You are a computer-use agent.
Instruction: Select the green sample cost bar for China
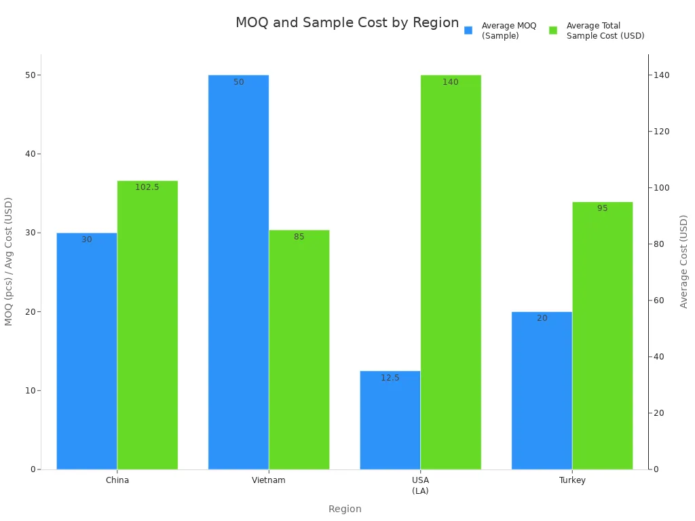[147, 325]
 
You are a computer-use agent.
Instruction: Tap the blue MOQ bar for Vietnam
[238, 272]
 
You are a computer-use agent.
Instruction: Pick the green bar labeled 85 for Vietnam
[299, 349]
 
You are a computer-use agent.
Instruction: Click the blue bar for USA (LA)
[390, 420]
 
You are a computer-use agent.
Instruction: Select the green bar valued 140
[451, 272]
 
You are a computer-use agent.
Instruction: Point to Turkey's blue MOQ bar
[542, 390]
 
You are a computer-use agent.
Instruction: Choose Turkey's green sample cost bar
[602, 335]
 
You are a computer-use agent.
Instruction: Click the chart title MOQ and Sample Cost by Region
[347, 22]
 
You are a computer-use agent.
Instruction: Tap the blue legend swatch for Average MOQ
[468, 31]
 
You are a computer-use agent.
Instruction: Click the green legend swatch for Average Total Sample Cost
[553, 31]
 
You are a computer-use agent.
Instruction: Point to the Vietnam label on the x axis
[269, 480]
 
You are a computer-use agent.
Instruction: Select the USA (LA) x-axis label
[420, 485]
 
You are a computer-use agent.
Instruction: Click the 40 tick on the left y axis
[30, 154]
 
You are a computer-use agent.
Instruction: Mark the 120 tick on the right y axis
[662, 132]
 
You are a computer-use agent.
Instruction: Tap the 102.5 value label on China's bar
[147, 187]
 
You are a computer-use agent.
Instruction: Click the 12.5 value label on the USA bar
[390, 378]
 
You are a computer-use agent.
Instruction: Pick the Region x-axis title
[345, 509]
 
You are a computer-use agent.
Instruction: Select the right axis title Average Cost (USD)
[684, 261]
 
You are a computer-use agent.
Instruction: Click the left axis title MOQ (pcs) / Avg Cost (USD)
[9, 261]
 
